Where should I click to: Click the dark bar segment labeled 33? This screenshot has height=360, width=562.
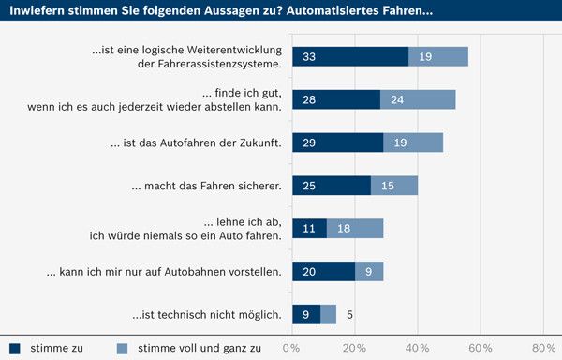coord(350,56)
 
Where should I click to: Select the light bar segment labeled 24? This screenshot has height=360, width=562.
coord(418,99)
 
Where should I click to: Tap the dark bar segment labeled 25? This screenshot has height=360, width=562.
coord(332,186)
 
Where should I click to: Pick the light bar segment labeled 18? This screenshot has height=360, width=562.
coord(355,228)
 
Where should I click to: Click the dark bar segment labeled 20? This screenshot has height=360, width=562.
coord(324,271)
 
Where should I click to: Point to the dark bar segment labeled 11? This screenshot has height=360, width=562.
coord(309,228)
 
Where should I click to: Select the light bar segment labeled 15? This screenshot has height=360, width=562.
coord(393,186)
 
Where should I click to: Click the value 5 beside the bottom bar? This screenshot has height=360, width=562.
coord(350,314)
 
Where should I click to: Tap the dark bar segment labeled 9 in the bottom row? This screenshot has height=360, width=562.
coord(306,314)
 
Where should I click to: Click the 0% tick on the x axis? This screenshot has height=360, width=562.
coord(291,348)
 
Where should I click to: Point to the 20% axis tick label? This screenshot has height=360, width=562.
coord(354,348)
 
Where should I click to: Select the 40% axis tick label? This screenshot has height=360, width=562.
coord(418,348)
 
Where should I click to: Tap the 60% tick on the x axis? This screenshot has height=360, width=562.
coord(481,348)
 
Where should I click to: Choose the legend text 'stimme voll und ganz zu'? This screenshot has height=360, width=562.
coord(199,348)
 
